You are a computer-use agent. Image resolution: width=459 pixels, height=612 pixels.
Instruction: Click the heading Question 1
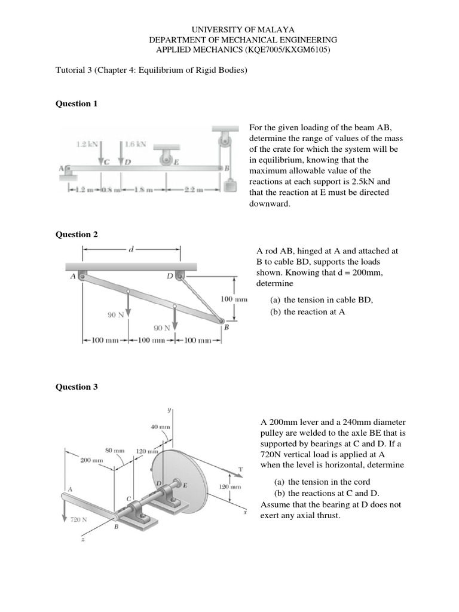point(76,103)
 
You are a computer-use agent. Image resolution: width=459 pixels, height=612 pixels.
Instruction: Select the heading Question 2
point(76,234)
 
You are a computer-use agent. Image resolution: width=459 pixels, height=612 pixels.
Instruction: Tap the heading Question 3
point(76,387)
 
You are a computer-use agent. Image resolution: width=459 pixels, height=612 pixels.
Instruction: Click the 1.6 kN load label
point(136,143)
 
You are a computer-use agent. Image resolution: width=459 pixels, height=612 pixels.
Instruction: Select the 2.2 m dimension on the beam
point(196,190)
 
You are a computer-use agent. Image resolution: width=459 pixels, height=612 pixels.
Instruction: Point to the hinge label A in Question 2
point(72,276)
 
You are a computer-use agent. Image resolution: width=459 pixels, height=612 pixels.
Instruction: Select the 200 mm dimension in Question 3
point(91,461)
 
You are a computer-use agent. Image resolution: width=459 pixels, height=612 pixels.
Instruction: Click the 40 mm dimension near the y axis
point(160,427)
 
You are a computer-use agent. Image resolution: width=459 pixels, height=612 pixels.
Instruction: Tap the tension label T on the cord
point(240,470)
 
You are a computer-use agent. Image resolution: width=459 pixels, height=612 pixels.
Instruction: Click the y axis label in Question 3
point(169,410)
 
